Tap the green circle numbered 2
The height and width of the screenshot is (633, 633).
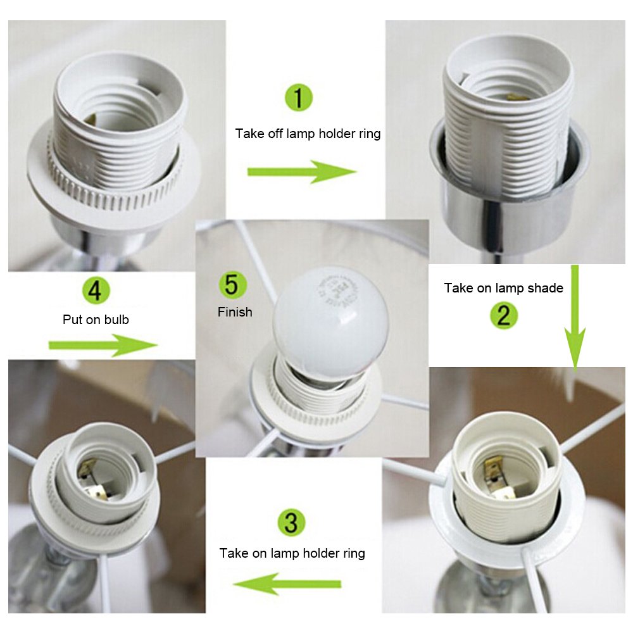[x=504, y=315]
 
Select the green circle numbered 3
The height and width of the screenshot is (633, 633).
[x=291, y=523]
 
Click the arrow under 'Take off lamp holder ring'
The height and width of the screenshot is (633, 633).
[x=302, y=172]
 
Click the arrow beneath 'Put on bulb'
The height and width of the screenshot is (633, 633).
[x=103, y=345]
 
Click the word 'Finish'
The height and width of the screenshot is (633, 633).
[x=235, y=312]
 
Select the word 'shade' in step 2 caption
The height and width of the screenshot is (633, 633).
[x=548, y=288]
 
